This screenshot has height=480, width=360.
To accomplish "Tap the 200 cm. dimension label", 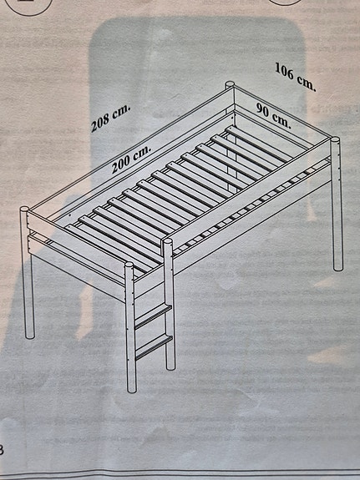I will [x=132, y=156].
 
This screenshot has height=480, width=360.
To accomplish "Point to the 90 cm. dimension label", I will [x=272, y=115].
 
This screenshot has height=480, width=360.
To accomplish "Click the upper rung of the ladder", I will [x=153, y=311].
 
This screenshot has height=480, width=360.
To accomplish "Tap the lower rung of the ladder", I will [x=153, y=343].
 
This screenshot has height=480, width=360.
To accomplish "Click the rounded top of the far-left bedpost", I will [x=25, y=210].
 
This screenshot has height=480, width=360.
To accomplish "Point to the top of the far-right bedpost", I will [x=337, y=143].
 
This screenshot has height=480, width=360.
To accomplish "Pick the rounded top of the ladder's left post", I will [x=129, y=268].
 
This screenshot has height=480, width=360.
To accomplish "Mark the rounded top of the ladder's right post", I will [x=168, y=243].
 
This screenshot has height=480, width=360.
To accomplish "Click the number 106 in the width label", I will [x=286, y=75].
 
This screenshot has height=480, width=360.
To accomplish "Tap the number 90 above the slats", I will [x=265, y=112].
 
